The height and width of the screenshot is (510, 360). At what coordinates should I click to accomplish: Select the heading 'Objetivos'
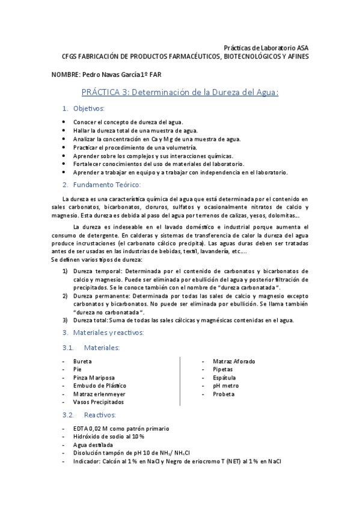pos(89,108)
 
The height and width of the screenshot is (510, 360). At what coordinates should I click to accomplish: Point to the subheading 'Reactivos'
pos(100,415)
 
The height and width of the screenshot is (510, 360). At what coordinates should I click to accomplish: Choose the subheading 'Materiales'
pos(102,348)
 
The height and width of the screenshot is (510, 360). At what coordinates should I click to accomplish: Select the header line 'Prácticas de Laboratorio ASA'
pos(266,48)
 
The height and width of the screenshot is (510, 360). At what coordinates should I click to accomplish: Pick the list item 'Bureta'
pos(82,361)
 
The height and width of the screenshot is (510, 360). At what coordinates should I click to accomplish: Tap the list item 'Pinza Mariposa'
pos(94,378)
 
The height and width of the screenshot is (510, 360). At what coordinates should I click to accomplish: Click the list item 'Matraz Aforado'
pos(234,361)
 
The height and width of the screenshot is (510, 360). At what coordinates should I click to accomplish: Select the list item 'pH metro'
pos(225,386)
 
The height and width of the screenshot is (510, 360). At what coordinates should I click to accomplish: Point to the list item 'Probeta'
pos(224,394)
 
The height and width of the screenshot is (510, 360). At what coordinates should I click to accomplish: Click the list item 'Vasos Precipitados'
pos(99,402)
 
